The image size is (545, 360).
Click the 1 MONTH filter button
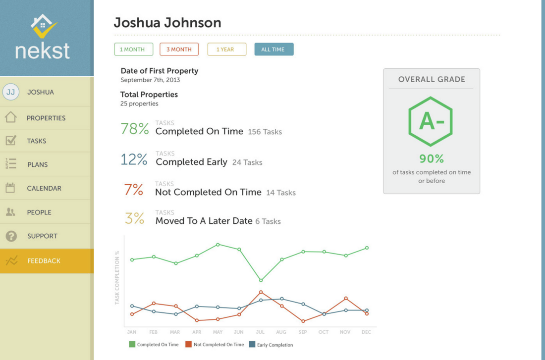point(133,50)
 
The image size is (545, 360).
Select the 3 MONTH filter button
point(179,50)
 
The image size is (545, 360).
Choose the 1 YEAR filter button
point(226,50)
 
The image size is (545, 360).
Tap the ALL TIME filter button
point(273,50)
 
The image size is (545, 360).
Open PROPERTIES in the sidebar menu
point(46,118)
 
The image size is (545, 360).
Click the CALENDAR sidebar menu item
point(44,188)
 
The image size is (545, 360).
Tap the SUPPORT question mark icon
point(11,236)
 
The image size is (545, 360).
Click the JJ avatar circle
point(11,92)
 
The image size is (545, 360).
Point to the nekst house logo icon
point(44,26)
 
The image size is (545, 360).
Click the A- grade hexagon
point(431,121)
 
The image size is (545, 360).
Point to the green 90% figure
point(432,159)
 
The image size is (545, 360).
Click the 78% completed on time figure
point(135,129)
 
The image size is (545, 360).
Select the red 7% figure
point(134,190)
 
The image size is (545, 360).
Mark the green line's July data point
point(261,281)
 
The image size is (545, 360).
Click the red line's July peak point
point(261,292)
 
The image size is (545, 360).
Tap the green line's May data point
point(218,245)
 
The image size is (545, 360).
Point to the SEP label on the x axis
point(303,332)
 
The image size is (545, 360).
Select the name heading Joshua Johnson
point(167,23)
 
